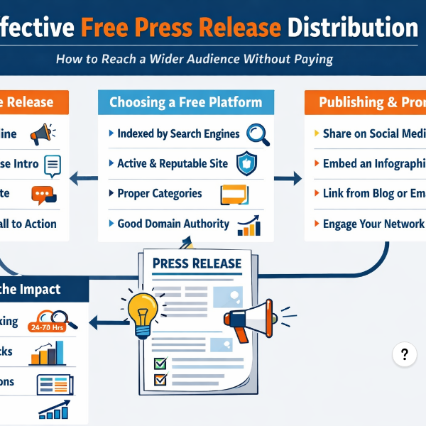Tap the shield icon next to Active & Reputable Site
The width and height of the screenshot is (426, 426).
[x=246, y=164]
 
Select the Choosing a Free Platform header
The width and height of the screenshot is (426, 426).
[x=186, y=102]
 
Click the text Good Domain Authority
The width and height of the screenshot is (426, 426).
[x=173, y=224]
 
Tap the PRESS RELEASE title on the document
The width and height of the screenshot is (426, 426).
[x=197, y=264]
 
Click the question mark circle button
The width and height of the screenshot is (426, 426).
[x=404, y=355]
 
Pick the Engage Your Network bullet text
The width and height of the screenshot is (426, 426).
[x=373, y=224]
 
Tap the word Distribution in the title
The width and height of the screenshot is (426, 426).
[x=353, y=28]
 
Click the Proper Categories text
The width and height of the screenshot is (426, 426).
[x=159, y=193]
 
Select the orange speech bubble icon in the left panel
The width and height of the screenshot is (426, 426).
[x=43, y=194]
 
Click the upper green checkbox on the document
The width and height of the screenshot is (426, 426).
[x=160, y=364]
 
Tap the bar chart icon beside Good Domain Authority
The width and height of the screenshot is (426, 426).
[x=248, y=226]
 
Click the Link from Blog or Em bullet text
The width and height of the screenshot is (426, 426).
[x=373, y=194]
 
